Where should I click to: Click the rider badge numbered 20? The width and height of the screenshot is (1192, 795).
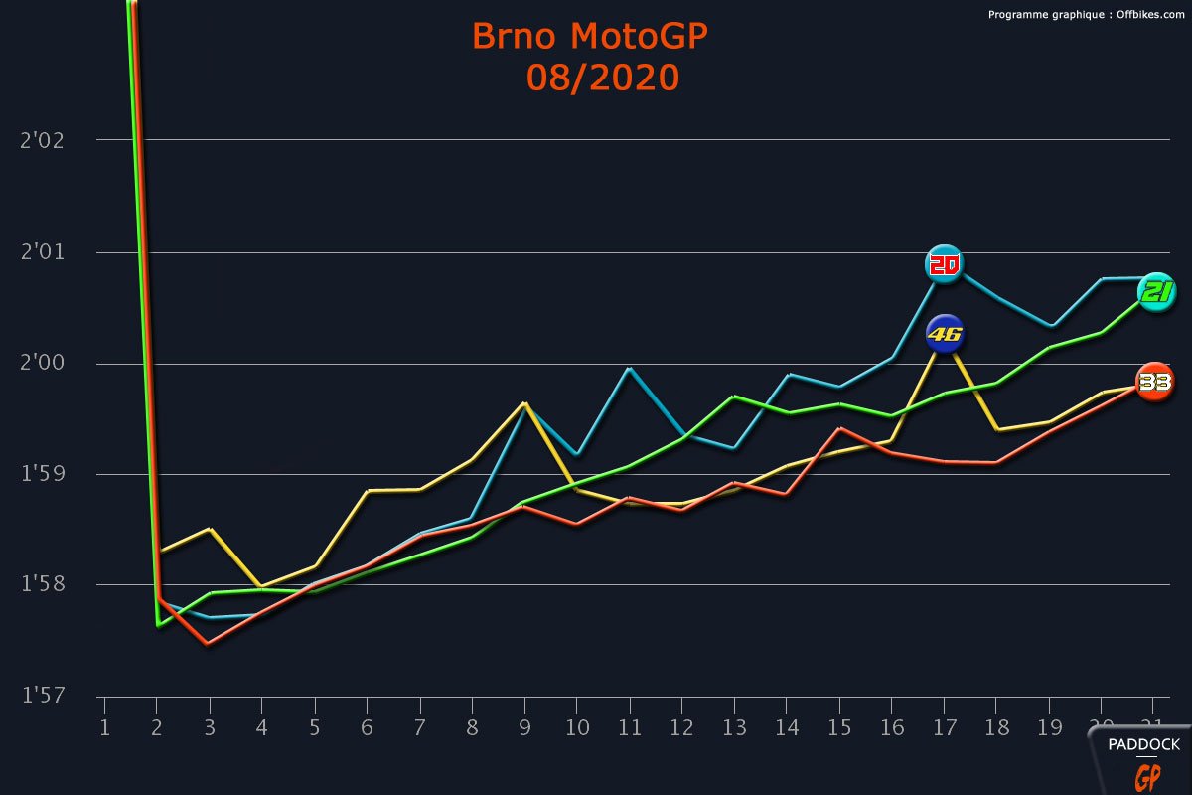pos(944,264)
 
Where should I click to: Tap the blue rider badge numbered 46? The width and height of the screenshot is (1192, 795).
pos(945,335)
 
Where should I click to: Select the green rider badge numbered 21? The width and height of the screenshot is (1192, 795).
pos(1156,291)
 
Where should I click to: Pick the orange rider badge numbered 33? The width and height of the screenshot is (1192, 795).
pos(1154,382)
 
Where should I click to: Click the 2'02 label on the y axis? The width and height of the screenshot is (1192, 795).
pos(42,140)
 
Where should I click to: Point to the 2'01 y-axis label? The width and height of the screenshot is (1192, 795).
pos(42,252)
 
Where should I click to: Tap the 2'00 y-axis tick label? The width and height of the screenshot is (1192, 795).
pos(42,364)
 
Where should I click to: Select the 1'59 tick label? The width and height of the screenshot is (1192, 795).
pos(42,474)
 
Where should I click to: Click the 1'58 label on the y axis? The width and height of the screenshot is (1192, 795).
pos(42,585)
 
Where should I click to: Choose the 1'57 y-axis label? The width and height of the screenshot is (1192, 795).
pos(42,696)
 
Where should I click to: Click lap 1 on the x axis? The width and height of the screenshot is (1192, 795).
pos(104,728)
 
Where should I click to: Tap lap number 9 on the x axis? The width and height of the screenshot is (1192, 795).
pos(523,728)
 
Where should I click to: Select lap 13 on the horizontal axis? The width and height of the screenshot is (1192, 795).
pos(734,728)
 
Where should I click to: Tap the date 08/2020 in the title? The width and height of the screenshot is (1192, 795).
pos(603,77)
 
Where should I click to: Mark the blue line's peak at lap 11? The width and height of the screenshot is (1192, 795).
pos(629,369)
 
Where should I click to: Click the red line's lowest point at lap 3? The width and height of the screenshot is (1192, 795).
pos(209,644)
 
